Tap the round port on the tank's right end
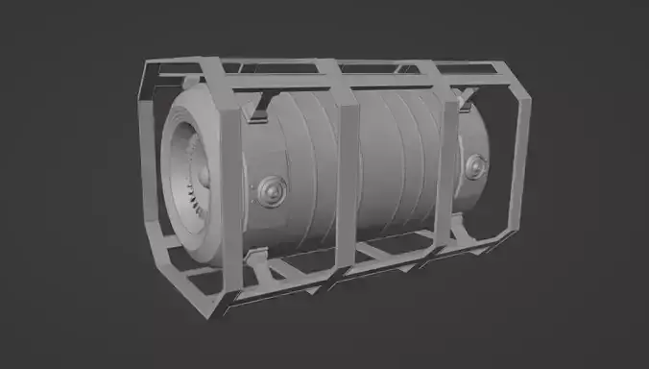tap(472, 166)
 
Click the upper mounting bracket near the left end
tap(258, 114)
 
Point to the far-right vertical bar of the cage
tap(522, 144)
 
